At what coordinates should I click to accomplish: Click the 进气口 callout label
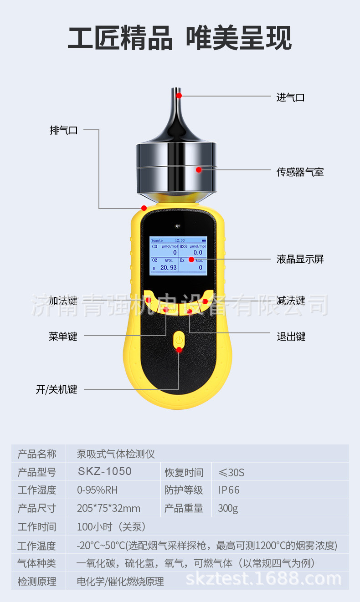coord(290,97)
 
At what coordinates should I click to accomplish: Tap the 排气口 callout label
coord(63,130)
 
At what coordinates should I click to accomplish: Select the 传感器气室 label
coord(300,172)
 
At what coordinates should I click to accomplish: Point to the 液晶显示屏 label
coord(300,260)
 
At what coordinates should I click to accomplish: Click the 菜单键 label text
coord(63,337)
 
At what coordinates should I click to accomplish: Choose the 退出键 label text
coord(291,337)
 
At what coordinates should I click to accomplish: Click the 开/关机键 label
coord(57,390)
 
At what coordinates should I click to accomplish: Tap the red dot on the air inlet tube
coord(179,96)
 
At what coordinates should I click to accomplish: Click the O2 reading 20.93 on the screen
coord(168,268)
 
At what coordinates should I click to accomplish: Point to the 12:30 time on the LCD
coord(180,240)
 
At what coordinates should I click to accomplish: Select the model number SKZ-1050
coord(104,471)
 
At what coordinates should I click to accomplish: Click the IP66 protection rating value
coord(228,490)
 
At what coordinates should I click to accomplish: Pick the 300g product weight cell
coord(227,508)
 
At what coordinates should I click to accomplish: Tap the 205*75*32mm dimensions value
coord(108,508)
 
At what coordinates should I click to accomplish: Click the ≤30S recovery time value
coord(231,472)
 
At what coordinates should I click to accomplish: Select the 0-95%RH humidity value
coord(98,490)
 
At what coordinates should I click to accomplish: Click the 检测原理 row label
coord(37,581)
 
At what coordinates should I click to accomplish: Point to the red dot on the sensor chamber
coord(198,170)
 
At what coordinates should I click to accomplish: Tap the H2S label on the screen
coord(183,246)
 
